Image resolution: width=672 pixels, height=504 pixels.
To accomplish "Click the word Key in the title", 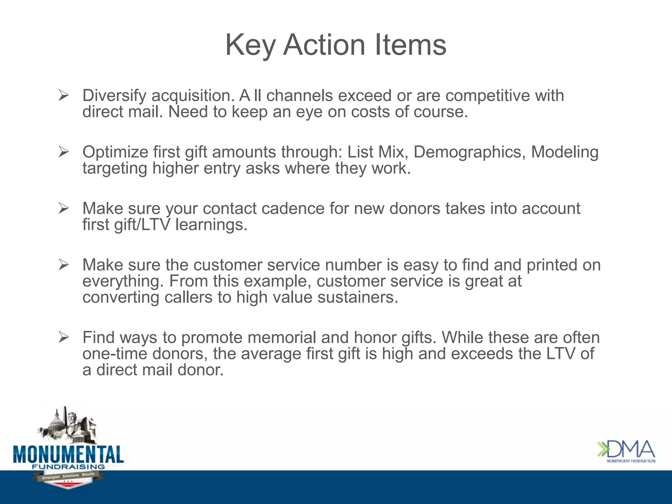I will click(250, 45).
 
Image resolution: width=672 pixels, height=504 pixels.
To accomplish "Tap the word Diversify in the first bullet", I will click(115, 96).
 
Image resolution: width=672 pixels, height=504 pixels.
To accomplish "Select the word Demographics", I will click(468, 152).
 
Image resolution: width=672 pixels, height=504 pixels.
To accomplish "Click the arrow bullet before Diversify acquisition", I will click(63, 96).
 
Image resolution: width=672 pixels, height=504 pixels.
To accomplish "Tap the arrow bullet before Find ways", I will click(63, 337).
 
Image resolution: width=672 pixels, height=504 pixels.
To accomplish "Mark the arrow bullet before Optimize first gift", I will click(63, 152).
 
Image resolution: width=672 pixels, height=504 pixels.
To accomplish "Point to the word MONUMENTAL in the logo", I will click(68, 454).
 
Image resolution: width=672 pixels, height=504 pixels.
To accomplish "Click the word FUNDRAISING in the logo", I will click(68, 467).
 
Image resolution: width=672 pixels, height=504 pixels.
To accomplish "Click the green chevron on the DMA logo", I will click(602, 450).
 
